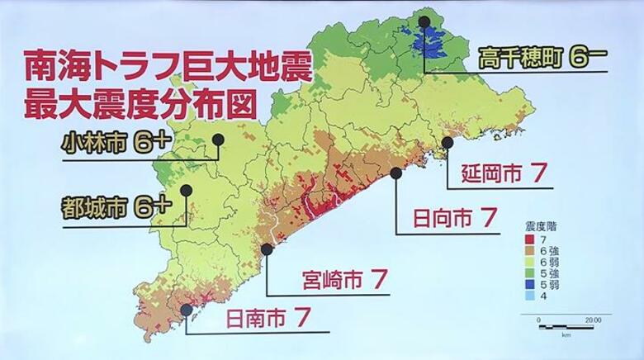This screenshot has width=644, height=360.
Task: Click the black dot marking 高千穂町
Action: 424,22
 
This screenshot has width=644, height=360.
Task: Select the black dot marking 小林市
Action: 218,140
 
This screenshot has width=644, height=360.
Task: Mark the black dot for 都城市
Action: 187,190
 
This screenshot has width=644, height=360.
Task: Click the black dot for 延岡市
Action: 447,142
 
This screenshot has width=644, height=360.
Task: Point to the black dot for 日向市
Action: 397,173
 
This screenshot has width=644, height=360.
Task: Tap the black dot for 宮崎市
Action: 267,249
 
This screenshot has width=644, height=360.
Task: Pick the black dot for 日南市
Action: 187,310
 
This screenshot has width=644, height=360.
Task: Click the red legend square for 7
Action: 529,238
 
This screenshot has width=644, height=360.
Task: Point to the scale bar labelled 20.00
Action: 566,327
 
